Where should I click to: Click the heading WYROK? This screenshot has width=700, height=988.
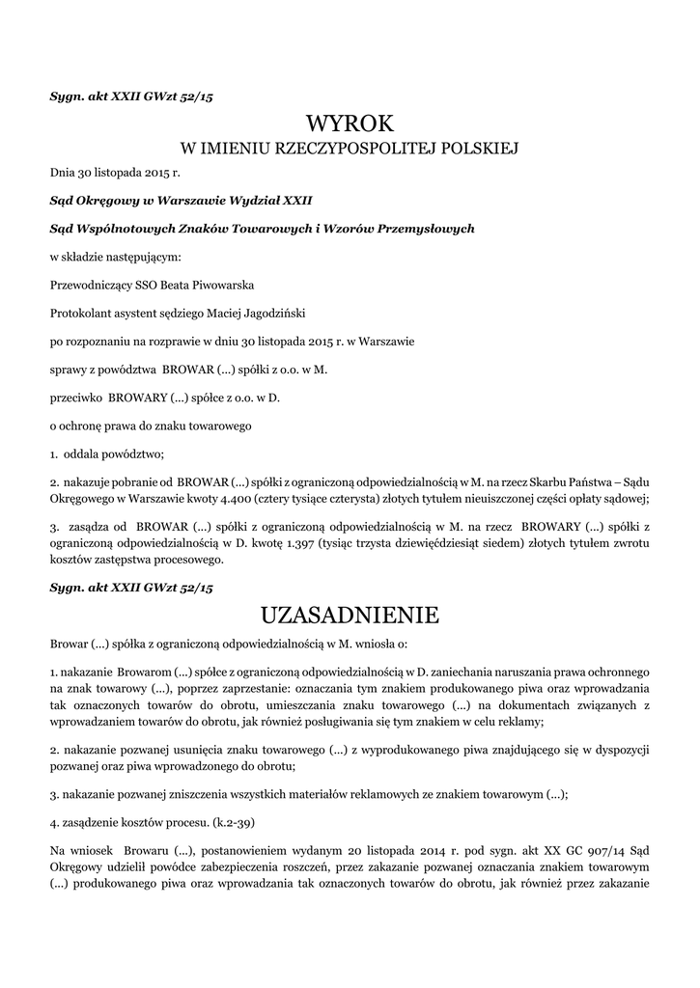[350, 123]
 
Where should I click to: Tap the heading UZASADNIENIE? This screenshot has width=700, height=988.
[350, 615]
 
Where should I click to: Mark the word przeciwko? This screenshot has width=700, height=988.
[75, 397]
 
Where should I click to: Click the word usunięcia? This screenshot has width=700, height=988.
[179, 750]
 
